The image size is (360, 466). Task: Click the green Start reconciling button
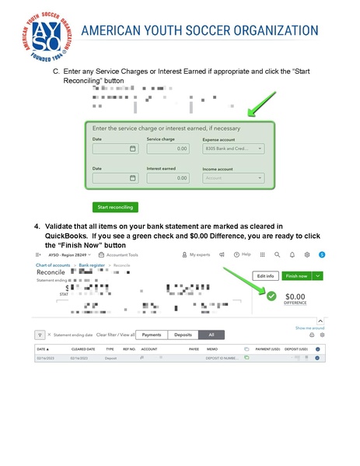115,207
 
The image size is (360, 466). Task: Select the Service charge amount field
167,148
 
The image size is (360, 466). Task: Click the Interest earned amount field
167,177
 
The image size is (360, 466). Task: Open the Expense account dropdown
232,148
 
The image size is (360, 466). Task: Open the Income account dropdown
232,177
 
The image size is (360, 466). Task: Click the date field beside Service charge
114,148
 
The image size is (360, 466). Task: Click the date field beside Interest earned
114,177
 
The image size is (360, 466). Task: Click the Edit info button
265,275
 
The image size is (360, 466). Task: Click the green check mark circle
270,296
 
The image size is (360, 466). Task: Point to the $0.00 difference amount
295,296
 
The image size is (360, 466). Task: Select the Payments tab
152,335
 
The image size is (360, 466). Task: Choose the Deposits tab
183,335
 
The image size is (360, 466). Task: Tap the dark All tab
211,335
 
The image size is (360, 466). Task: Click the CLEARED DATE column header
83,349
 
